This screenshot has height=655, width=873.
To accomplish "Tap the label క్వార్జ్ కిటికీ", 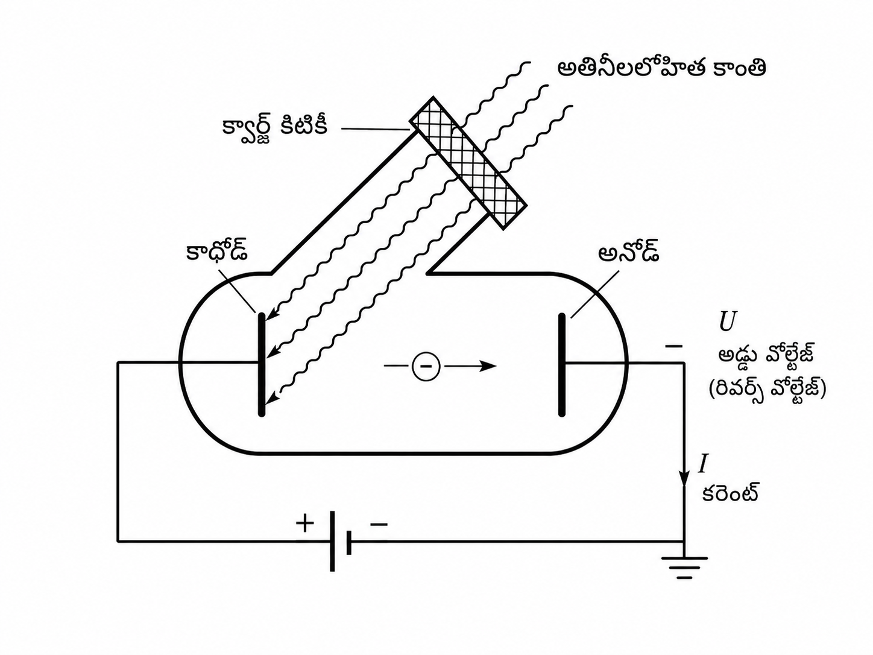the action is coord(275,128).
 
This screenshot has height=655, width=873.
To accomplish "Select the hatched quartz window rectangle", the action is coord(468,163).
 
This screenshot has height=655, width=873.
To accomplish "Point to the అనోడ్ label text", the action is coord(628,250).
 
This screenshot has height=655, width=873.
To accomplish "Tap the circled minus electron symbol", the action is coord(426,366).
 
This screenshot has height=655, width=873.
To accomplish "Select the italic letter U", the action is coord(728,321).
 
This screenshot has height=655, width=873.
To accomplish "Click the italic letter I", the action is coord(703,464).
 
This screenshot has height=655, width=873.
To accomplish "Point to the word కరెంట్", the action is coord(730,493).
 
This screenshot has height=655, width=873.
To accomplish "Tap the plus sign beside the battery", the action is coord(305,524).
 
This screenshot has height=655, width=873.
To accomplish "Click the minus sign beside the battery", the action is coord(379,525).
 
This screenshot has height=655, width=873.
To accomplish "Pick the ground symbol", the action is coord(684,567).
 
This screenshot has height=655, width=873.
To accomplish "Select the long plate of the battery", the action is coord(332,541).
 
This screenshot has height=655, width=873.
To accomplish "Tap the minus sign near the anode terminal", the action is coord(673,346).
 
